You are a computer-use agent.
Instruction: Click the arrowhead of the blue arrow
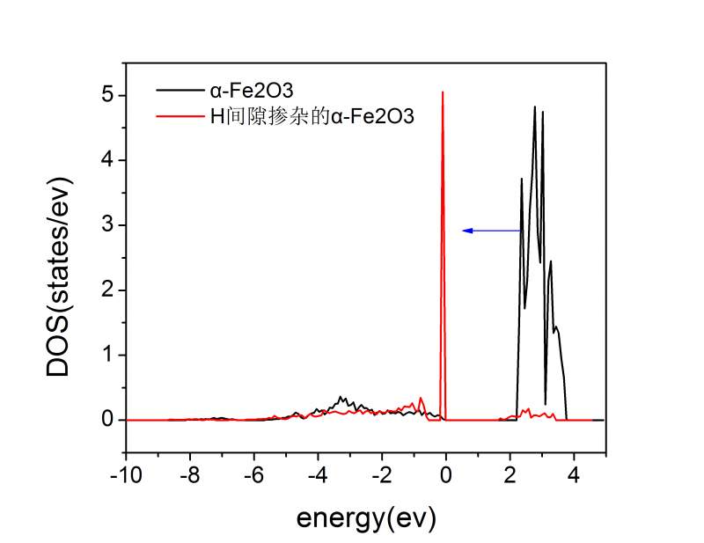click(x=466, y=231)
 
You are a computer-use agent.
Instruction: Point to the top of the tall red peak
click(x=443, y=92)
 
